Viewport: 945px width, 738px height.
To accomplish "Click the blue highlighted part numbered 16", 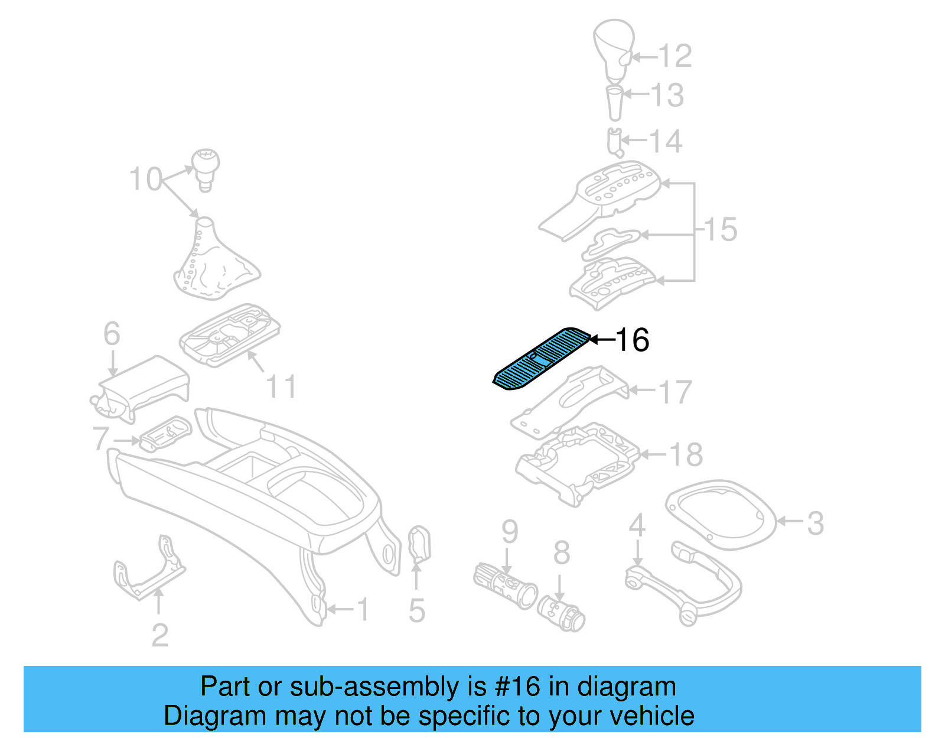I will [540, 359].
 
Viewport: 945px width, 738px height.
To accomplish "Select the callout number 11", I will [281, 387].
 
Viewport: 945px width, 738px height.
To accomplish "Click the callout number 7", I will [101, 438].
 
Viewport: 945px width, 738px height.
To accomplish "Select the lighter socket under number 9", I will [505, 585].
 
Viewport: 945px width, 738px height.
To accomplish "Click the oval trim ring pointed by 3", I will [721, 514].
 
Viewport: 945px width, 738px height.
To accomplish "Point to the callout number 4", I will [637, 525].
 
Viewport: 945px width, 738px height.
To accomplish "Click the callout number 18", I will [686, 454].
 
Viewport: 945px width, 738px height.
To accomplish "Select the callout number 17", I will [675, 392].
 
